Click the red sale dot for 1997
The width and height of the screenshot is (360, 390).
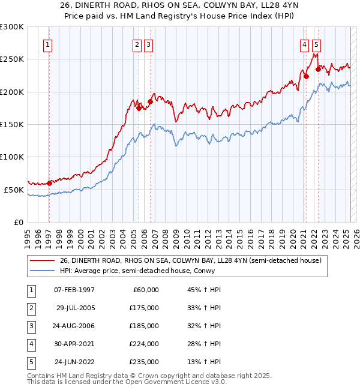(49, 183)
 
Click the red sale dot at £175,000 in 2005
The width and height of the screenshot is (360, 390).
(139, 109)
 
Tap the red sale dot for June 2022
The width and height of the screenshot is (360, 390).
(318, 69)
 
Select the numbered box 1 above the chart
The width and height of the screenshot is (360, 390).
(47, 44)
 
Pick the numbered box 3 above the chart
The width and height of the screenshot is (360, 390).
(148, 44)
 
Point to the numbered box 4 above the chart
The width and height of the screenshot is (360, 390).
(305, 44)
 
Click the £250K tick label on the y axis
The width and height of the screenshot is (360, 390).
(13, 59)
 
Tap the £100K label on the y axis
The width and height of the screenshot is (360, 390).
(13, 157)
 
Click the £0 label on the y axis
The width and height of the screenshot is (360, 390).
(19, 222)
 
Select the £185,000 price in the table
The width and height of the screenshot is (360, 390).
(143, 326)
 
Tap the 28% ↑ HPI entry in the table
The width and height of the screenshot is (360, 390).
(204, 344)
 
